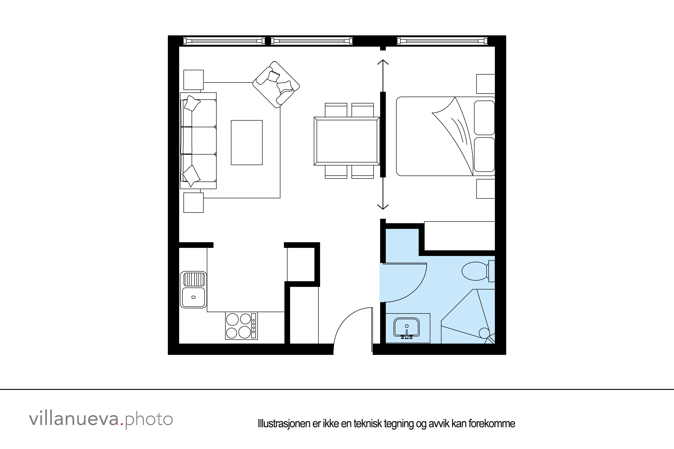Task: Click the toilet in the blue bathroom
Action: click(x=475, y=271)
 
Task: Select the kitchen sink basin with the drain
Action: click(x=193, y=297)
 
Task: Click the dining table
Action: click(x=347, y=141)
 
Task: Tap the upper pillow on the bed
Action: click(x=484, y=118)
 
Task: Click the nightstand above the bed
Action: click(x=485, y=84)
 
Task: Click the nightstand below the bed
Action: click(x=485, y=189)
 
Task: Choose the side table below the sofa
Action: click(x=193, y=203)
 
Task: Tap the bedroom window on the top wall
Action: click(x=442, y=41)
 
